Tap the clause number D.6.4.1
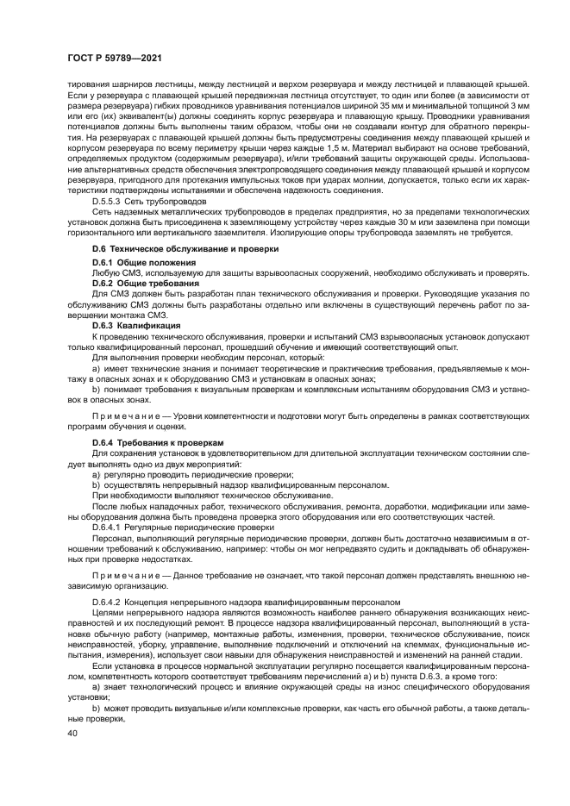coord(109,524)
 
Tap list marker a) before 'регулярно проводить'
coord(96,475)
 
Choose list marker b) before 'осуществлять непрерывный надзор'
coord(96,484)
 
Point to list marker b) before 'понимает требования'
coord(96,390)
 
